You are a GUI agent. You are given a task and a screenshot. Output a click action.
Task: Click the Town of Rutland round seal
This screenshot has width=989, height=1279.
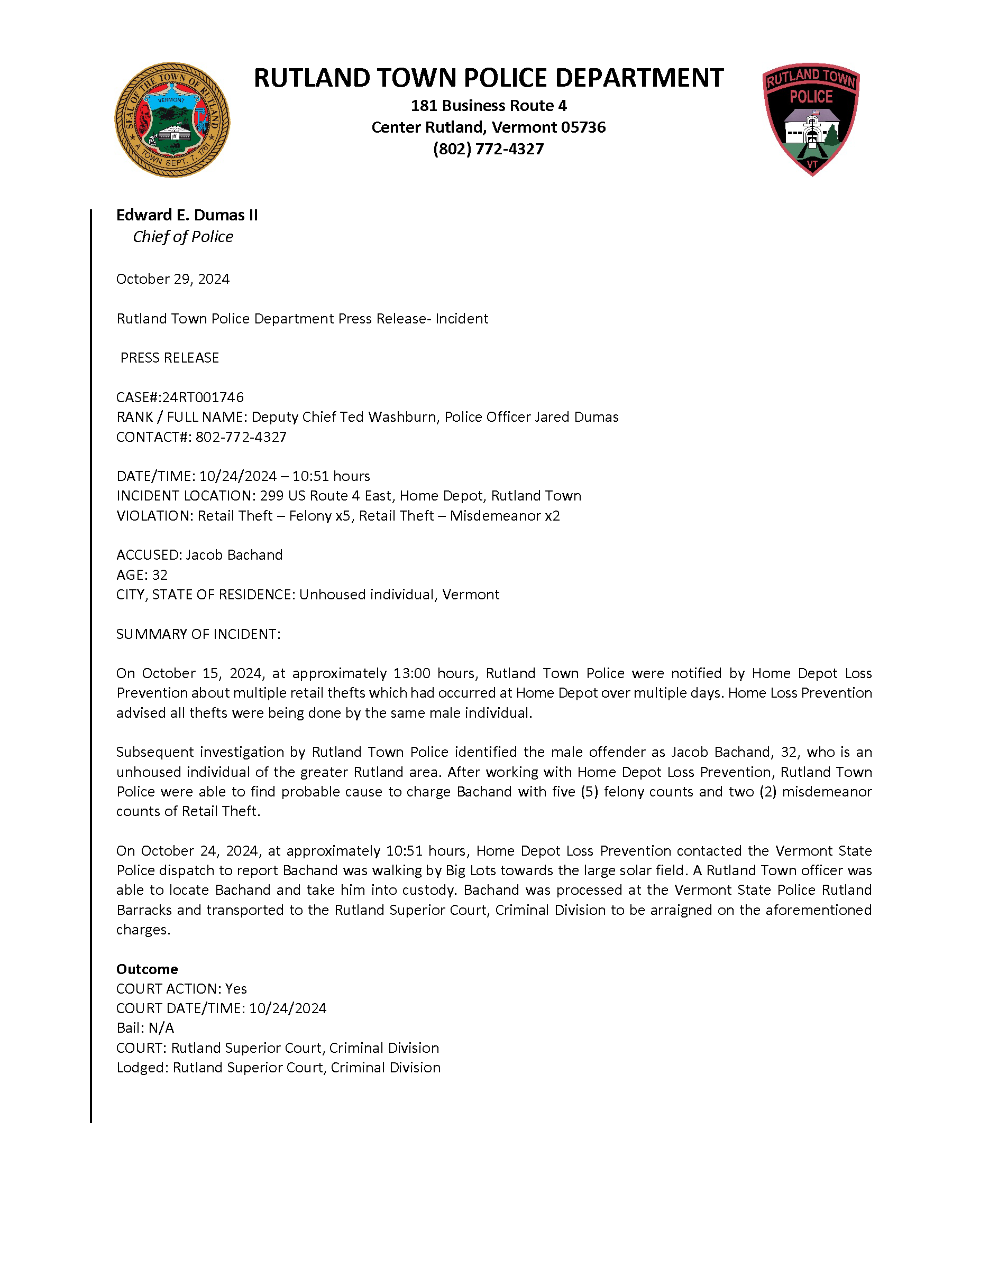pyautogui.click(x=172, y=120)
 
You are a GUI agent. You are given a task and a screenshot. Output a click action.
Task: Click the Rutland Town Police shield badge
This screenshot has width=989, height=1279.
pyautogui.click(x=811, y=119)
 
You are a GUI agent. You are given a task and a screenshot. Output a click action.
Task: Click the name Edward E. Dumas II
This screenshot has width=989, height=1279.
pyautogui.click(x=187, y=216)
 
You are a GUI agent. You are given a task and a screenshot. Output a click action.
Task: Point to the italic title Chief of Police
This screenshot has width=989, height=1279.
pyautogui.click(x=183, y=237)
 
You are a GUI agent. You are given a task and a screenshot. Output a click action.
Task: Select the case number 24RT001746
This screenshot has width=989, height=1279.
pyautogui.click(x=203, y=397)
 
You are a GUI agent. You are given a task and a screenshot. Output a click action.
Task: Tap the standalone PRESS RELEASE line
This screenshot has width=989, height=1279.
pyautogui.click(x=169, y=358)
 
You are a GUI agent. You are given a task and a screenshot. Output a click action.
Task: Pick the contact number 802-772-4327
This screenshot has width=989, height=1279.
pyautogui.click(x=241, y=437)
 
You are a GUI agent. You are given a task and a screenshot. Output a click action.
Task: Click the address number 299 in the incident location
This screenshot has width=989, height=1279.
pyautogui.click(x=272, y=496)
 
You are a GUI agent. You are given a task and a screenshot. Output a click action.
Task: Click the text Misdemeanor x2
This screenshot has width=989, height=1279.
pyautogui.click(x=505, y=516)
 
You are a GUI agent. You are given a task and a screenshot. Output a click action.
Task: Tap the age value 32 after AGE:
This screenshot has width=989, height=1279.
pyautogui.click(x=159, y=575)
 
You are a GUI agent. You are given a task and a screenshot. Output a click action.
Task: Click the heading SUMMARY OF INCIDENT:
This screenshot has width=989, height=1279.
pyautogui.click(x=198, y=634)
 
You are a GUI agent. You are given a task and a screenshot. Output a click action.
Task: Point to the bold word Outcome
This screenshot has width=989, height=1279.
pyautogui.click(x=147, y=969)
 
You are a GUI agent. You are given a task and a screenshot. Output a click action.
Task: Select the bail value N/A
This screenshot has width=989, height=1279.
pyautogui.click(x=161, y=1028)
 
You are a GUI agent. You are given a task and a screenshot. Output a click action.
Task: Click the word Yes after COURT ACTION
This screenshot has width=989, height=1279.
pyautogui.click(x=236, y=989)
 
